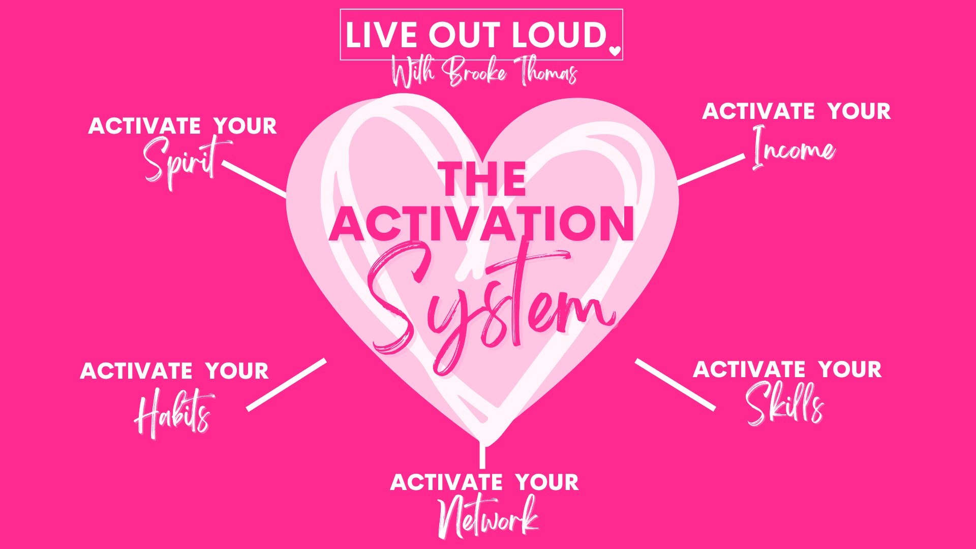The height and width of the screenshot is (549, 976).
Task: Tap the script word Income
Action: [x=794, y=148]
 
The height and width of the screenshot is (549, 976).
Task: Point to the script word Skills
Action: [x=785, y=404]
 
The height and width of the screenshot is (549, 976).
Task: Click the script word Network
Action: [x=488, y=516]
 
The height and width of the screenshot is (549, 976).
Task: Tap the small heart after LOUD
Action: [x=615, y=51]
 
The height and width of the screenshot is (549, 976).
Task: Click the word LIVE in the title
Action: [x=382, y=35]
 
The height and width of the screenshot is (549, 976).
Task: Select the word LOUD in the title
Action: [x=559, y=35]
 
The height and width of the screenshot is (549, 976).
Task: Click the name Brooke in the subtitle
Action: [x=474, y=72]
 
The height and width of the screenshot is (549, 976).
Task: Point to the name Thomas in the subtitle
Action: [x=546, y=72]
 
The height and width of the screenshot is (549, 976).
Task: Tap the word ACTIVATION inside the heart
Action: [x=482, y=224]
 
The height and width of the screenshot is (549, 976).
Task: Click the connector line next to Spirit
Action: [x=254, y=179]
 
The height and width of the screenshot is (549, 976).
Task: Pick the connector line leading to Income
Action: [x=711, y=169]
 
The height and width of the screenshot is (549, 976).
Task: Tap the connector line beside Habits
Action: [x=286, y=385]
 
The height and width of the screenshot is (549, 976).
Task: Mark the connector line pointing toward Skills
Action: [x=675, y=384]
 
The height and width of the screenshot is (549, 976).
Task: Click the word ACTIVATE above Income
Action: [x=758, y=111]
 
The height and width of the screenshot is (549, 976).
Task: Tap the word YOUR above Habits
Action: [x=237, y=371]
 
